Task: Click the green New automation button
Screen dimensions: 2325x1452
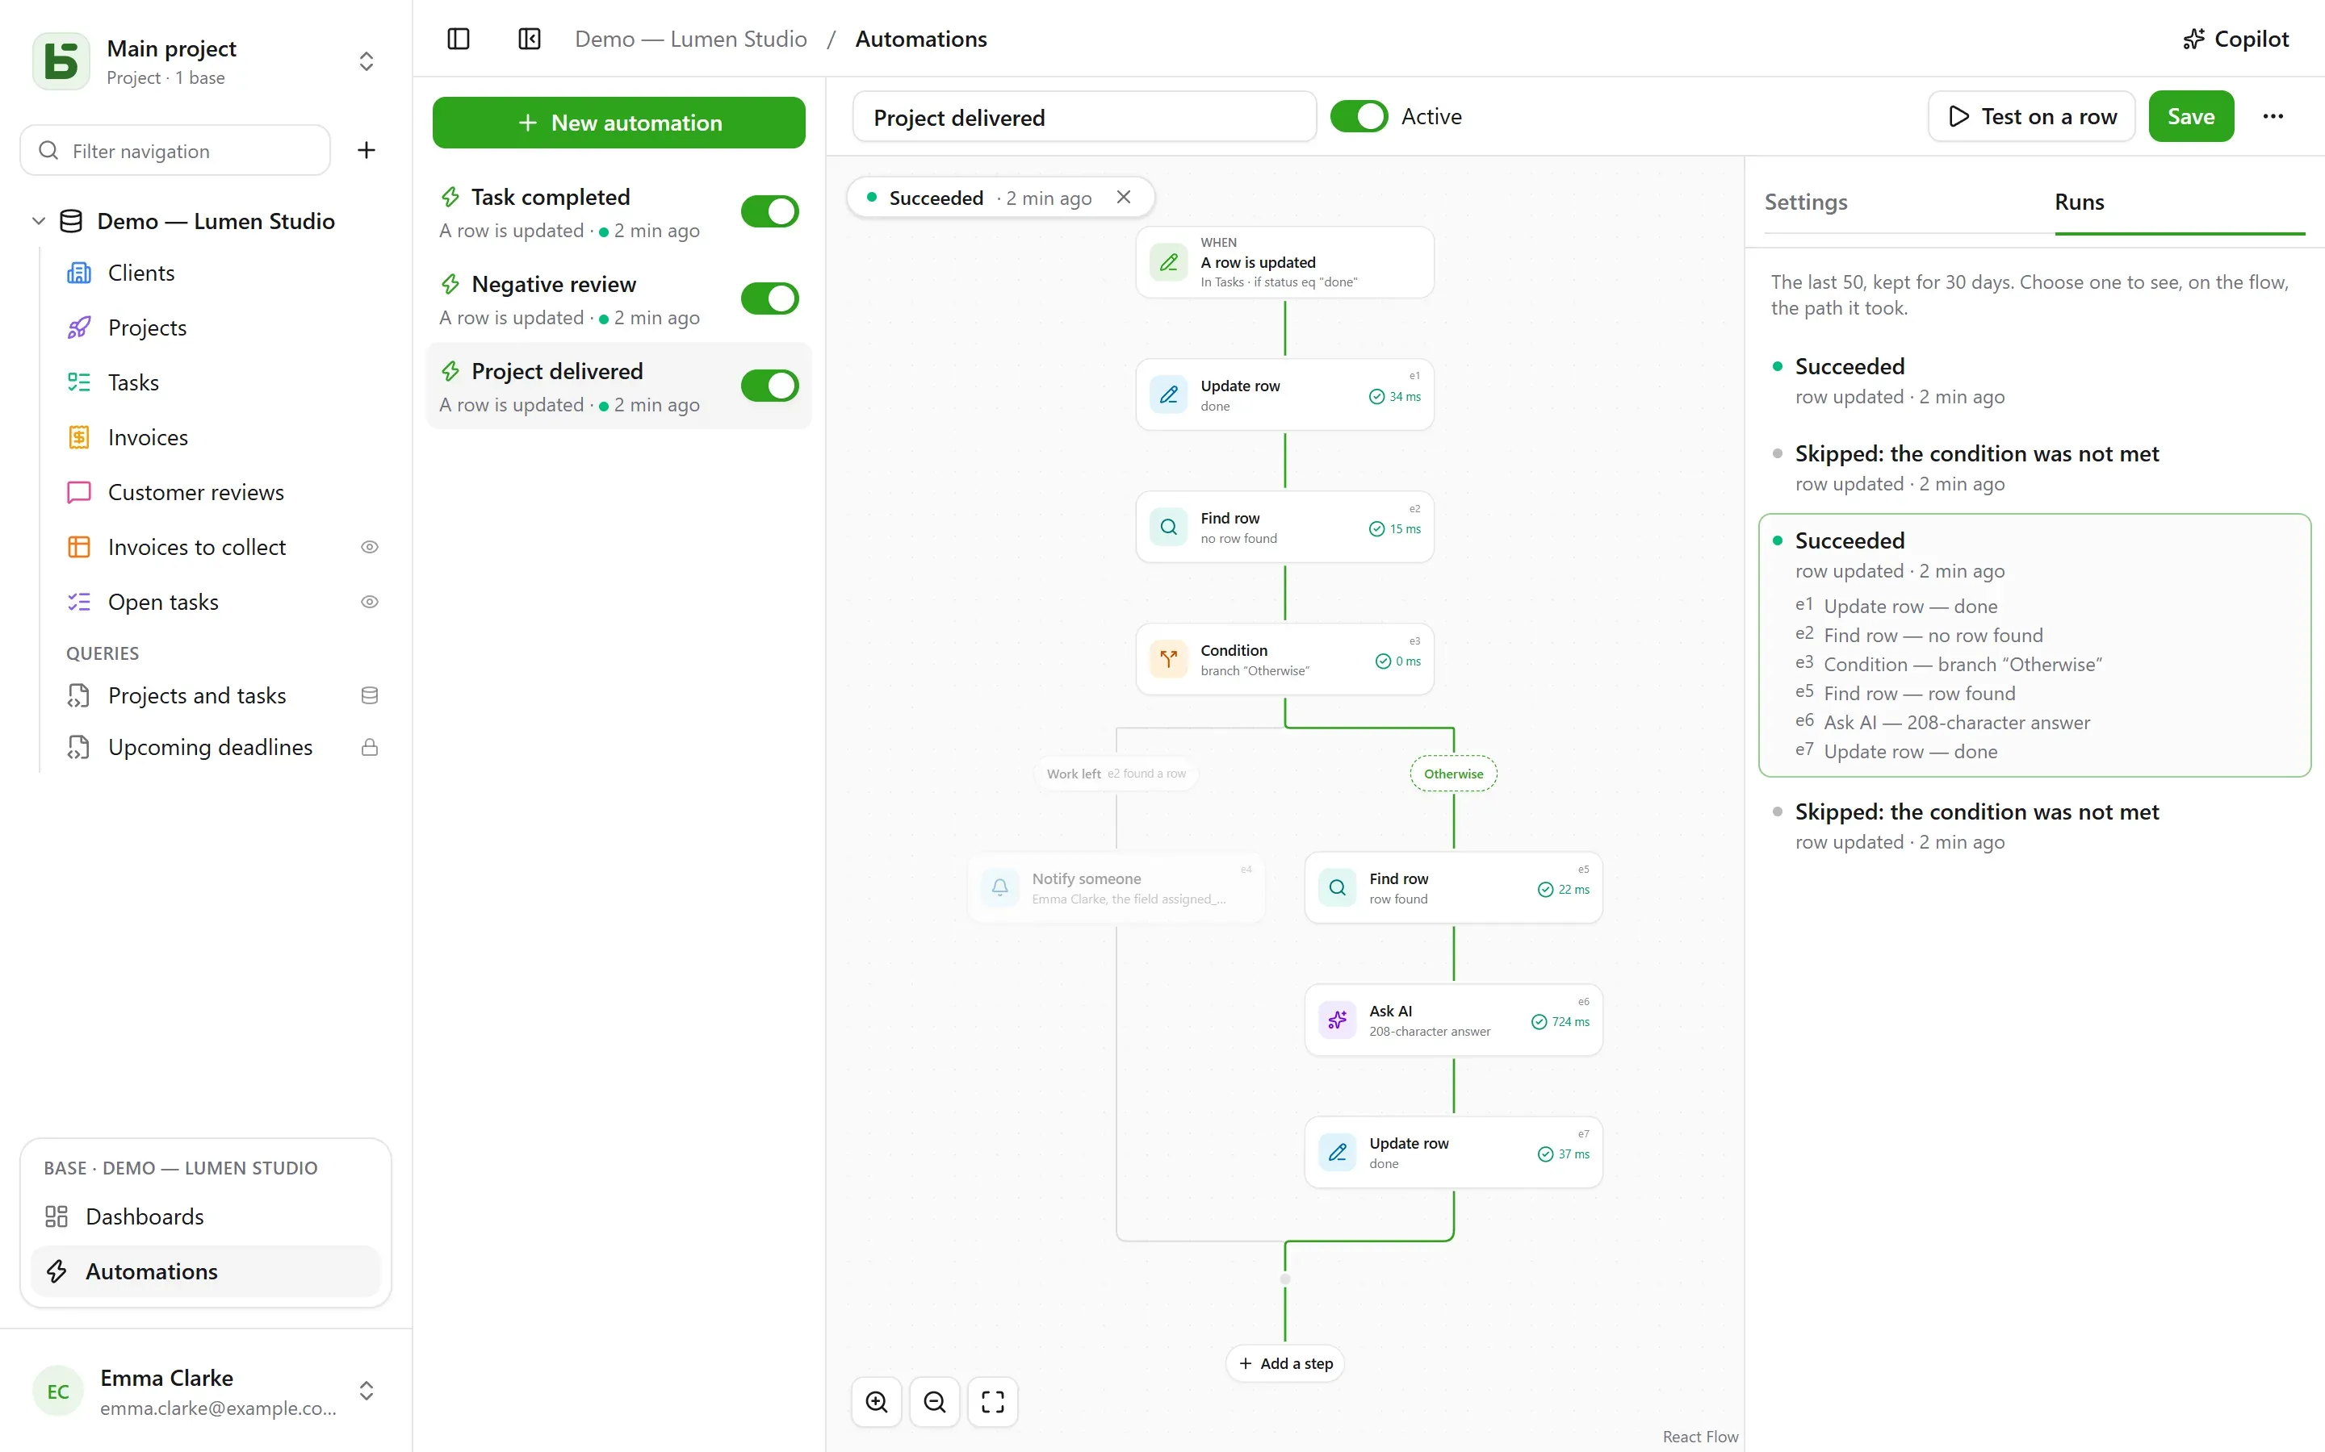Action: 618,123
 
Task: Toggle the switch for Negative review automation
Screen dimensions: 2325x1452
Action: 769,298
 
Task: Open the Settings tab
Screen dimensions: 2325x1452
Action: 1805,202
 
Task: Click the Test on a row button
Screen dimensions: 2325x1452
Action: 2031,116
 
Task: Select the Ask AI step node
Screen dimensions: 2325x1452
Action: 1452,1020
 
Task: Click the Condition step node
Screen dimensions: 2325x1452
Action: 1284,660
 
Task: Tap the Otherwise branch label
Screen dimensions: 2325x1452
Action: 1452,774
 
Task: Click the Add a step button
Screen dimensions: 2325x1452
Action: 1284,1363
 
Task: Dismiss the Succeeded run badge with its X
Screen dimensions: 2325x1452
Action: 1123,197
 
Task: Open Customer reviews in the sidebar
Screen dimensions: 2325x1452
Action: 195,493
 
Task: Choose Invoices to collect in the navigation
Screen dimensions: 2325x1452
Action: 196,548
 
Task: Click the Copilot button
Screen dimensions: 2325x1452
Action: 2235,40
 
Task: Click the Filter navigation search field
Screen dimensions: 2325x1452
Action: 176,151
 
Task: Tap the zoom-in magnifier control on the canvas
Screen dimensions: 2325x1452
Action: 876,1402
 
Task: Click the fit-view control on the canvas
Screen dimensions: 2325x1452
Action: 992,1402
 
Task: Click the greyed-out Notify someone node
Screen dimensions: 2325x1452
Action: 1116,887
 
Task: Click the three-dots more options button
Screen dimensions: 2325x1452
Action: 2273,116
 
